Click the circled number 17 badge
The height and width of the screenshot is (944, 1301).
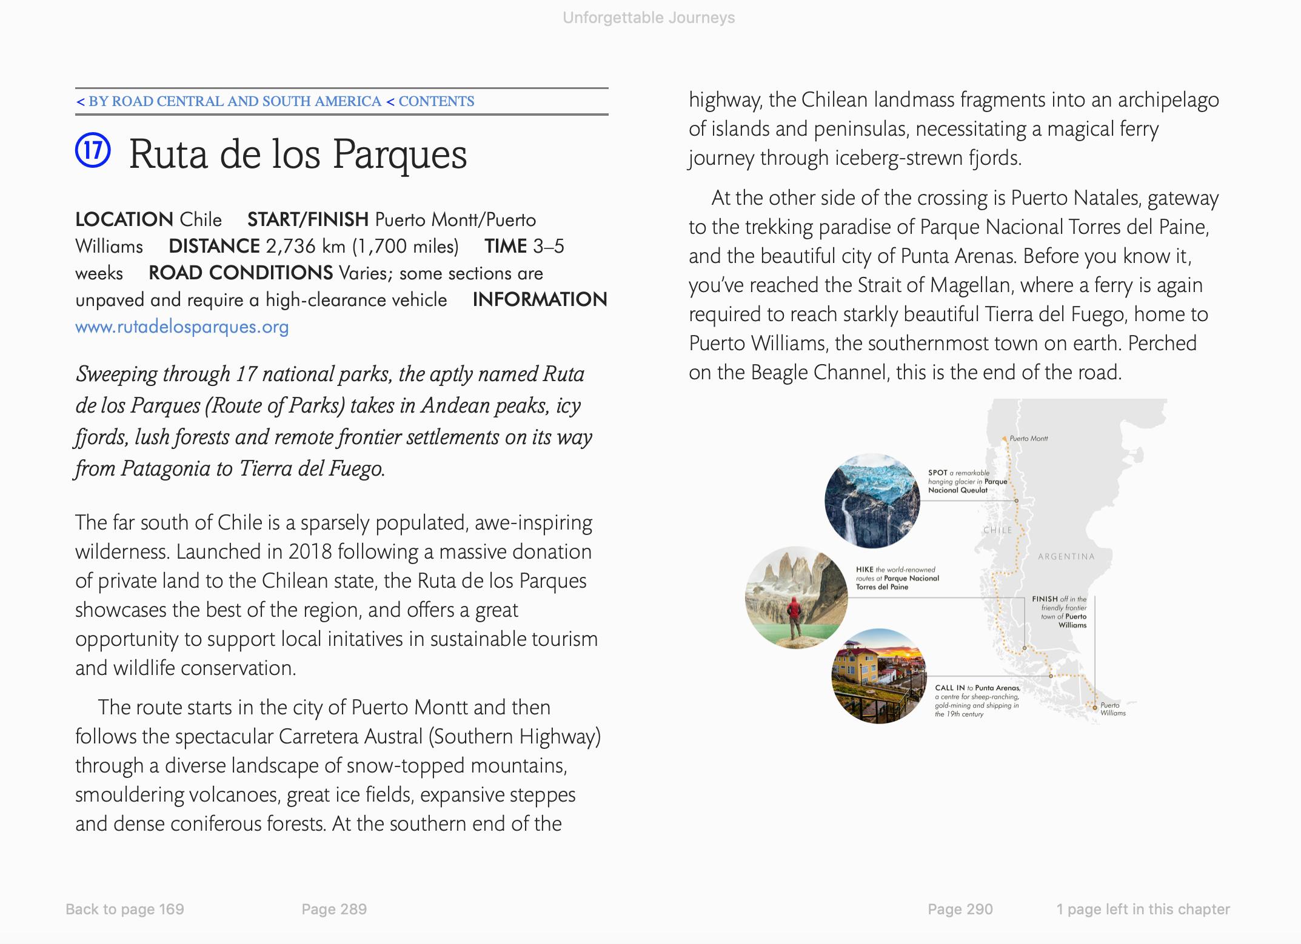(93, 150)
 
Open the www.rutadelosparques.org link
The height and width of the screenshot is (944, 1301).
(182, 327)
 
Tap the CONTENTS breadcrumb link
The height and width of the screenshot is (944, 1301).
(436, 101)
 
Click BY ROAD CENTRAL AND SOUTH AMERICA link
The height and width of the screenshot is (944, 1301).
(235, 101)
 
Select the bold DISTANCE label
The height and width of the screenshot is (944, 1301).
(214, 246)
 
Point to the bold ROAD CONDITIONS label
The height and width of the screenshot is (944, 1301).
(241, 273)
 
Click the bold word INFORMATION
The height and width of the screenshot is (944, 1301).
(540, 299)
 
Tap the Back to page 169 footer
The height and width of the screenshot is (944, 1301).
(125, 909)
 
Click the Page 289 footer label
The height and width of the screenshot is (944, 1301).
(334, 909)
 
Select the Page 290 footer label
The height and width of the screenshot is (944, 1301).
(960, 909)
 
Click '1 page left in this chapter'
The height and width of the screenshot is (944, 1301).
(1143, 909)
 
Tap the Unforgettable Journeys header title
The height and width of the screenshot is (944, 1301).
(649, 18)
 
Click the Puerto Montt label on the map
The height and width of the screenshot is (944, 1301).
(1029, 438)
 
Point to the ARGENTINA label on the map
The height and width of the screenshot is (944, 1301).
(1066, 556)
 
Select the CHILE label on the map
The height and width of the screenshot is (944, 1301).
(997, 530)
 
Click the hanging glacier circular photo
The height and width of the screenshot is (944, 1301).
(872, 500)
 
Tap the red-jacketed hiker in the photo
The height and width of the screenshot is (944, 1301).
(794, 616)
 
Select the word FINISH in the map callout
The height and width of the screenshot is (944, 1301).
(1045, 599)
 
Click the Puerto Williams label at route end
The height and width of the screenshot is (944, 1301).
(1113, 709)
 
